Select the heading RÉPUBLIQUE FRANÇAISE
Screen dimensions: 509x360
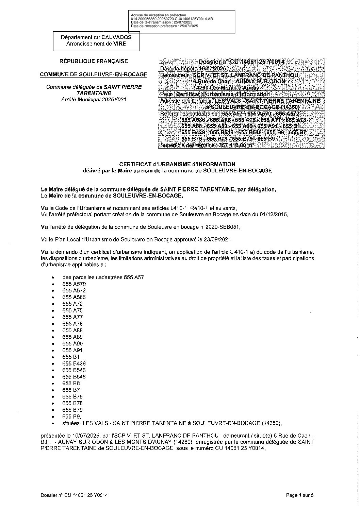click(94, 61)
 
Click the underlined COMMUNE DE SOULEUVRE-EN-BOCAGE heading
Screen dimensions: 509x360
click(94, 74)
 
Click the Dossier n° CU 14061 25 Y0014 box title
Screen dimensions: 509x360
click(241, 62)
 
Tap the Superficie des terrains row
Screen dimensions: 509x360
click(208, 146)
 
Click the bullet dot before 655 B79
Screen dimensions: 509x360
click(53, 410)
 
